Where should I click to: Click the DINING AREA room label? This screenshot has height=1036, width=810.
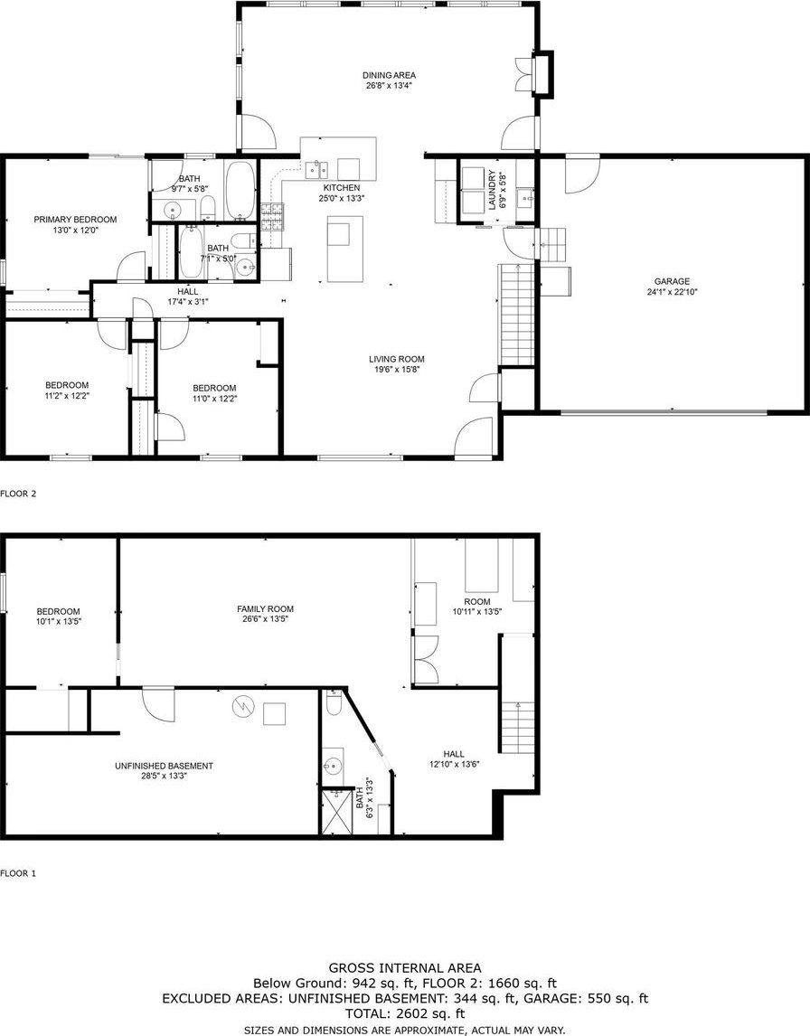coord(389,75)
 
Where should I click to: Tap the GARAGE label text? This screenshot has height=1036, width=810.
coord(672,281)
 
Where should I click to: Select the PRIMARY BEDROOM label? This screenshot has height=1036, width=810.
coord(75,220)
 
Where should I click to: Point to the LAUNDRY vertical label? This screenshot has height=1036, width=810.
coord(492,190)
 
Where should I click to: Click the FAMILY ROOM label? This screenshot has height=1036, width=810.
coord(266,609)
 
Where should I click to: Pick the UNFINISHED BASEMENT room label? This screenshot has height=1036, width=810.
coord(164,767)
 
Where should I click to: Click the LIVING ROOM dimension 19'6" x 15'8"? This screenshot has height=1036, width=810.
coord(395,370)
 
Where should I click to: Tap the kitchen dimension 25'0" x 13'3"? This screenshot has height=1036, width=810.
coord(342,198)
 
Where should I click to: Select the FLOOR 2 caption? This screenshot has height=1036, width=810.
coord(18,493)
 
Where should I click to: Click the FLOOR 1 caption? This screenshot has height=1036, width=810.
coord(18,873)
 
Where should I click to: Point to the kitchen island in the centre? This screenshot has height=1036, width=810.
coord(344,249)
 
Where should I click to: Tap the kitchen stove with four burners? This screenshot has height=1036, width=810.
coord(272,216)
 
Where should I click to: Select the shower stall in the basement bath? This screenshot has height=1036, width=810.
coord(337,812)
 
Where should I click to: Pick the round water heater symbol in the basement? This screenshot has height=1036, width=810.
coord(242,707)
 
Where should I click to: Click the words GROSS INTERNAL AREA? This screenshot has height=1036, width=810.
coord(405,968)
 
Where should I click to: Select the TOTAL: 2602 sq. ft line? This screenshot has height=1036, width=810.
coord(405,1013)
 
